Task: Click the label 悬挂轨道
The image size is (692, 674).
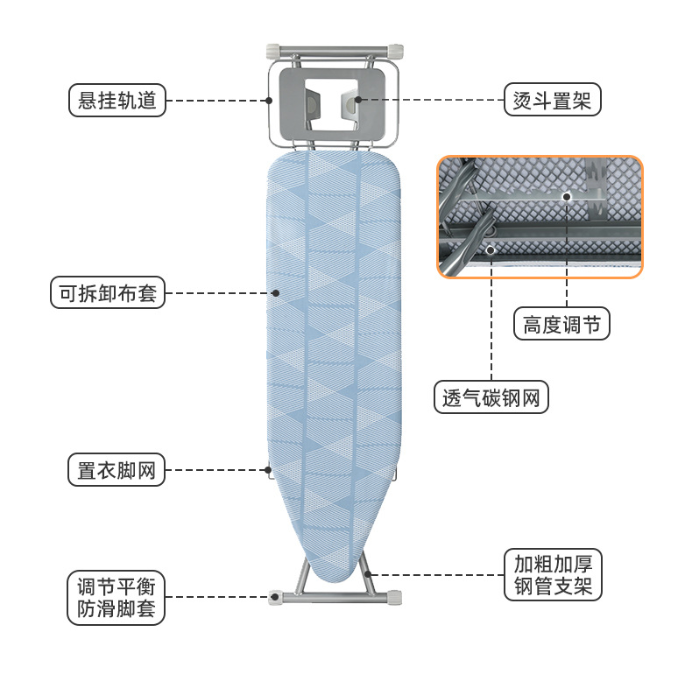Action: coord(117,100)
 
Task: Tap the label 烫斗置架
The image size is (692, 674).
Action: coord(552,100)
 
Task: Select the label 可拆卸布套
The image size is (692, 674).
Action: coord(108,293)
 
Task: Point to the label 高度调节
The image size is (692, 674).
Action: coord(561,325)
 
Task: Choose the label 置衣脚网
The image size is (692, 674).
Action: coord(117,470)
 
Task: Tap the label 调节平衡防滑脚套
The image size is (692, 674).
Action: coord(117,598)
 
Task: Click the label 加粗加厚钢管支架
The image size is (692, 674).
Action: coord(553,575)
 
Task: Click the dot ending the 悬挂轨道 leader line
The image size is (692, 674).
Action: coord(270,100)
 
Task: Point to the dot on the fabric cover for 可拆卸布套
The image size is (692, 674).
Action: coord(275,293)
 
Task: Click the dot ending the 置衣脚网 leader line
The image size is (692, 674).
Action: coord(269,470)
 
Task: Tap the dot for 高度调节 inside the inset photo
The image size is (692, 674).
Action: coord(567,197)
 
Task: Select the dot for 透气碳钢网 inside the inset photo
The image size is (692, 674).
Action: coord(491,249)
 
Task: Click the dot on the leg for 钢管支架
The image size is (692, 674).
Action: coord(368,574)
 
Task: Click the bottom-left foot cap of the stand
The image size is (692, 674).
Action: coord(275,598)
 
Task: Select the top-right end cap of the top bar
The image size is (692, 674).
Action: coord(398,50)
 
